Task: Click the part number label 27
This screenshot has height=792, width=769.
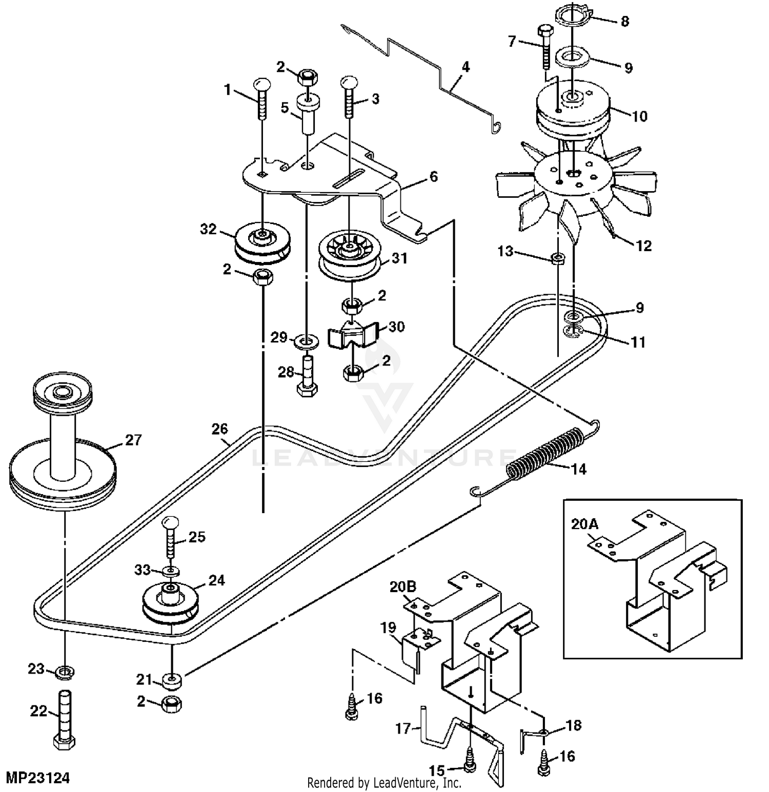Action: tap(133, 440)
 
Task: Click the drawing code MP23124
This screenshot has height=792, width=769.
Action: tap(38, 778)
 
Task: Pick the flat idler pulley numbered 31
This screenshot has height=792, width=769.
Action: tap(349, 255)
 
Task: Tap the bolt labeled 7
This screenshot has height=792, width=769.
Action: tap(545, 47)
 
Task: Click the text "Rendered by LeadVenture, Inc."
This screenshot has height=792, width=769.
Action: tap(384, 783)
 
